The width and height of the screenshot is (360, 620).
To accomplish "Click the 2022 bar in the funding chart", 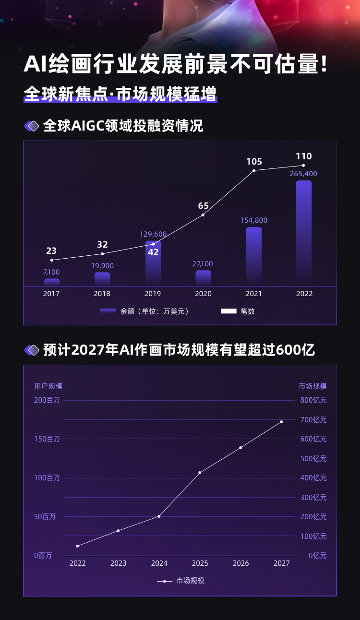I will coord(304,233).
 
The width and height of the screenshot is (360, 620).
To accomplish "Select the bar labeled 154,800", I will coord(254,256).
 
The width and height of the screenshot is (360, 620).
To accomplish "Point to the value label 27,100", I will coord(203,264).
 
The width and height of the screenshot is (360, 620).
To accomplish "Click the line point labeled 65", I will coord(203,215).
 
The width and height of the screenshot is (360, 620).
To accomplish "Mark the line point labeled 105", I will coord(254,170).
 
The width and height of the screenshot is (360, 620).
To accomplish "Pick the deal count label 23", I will coord(51,250).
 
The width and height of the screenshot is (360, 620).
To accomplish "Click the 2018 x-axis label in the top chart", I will coord(102,294).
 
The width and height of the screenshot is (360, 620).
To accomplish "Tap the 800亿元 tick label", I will coord(313,400).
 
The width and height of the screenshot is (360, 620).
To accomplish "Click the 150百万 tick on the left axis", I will coord(47,439).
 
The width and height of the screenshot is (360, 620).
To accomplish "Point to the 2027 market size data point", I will coord(281,422).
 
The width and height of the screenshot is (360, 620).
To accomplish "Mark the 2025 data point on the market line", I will coord(200,473).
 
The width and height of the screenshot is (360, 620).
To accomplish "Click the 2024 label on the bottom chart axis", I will coord(159,563).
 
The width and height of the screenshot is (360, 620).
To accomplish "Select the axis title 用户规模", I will coord(48,386).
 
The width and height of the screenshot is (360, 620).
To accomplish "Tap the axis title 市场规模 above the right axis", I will coord(312,386).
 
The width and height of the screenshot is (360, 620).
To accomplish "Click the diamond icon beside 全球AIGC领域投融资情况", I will coord(32,126).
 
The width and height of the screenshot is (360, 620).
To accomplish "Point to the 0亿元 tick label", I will coord(317,555).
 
